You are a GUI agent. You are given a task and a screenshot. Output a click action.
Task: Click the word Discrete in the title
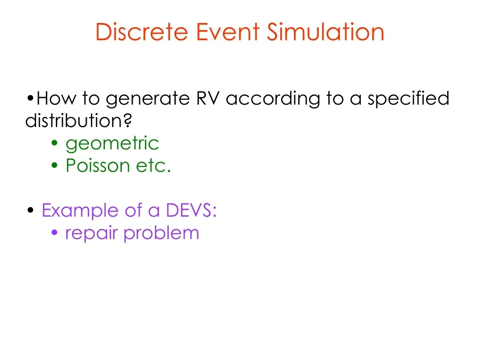[x=142, y=31]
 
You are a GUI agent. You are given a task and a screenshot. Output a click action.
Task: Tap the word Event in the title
[x=228, y=31]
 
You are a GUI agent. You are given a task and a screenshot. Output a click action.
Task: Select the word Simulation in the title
[x=325, y=31]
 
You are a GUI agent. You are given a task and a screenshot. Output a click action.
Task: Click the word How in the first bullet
[x=56, y=98]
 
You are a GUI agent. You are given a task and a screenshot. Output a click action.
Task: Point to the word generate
[x=148, y=99]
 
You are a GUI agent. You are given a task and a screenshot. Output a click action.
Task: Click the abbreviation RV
[x=208, y=98]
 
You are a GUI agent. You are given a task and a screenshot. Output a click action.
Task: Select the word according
[x=273, y=99]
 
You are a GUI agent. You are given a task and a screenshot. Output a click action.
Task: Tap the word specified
[x=408, y=99]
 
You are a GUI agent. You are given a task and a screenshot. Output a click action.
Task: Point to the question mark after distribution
[x=127, y=120]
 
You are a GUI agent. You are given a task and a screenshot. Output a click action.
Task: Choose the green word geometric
[x=112, y=143]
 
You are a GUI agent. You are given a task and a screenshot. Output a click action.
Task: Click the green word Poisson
[x=98, y=165]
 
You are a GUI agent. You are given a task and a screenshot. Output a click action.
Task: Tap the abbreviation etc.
[x=153, y=166]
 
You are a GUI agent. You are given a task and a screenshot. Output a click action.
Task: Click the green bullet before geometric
[x=54, y=143]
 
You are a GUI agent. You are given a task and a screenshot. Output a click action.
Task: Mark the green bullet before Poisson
[x=54, y=165]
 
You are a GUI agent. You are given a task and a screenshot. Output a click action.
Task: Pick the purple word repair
[x=91, y=233]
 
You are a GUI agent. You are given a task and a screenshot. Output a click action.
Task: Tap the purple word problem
[x=161, y=233]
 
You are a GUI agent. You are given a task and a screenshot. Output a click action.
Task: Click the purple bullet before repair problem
[x=54, y=232]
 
